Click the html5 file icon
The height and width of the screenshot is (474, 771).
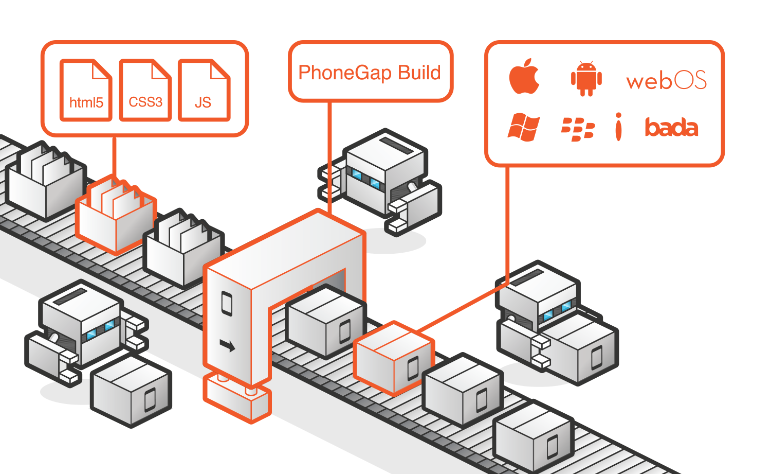(86, 91)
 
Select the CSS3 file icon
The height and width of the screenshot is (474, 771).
(145, 91)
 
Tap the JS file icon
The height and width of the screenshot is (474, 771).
(204, 91)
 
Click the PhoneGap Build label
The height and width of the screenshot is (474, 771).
(370, 73)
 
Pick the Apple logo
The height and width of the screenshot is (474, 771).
(524, 77)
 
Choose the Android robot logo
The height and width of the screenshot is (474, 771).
(586, 79)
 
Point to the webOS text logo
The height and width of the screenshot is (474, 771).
(666, 81)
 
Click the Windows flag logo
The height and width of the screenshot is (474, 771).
(523, 128)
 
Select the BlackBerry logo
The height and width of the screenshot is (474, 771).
(578, 129)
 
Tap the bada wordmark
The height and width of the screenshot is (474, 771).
(671, 128)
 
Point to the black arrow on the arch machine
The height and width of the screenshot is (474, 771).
(227, 345)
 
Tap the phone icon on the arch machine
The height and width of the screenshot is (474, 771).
(227, 303)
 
